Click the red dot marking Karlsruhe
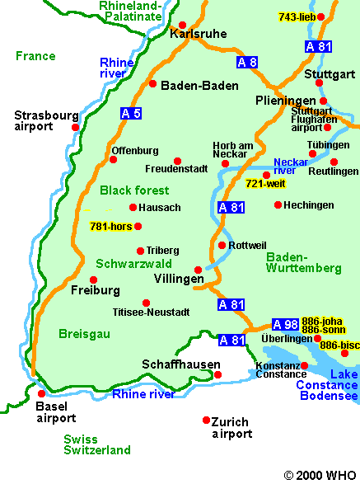pos(183,25)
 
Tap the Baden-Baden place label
pos(199,85)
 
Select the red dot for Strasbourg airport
pos(75,127)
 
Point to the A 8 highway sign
pos(247,62)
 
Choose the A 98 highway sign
pos(285,324)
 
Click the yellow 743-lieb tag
pos(297,17)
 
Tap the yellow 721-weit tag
pos(265,184)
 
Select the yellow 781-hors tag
pos(110,226)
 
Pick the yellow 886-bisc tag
pos(339,345)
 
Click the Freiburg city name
pos(96,290)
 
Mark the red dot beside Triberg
pos(140,251)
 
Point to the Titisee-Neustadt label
pos(151,312)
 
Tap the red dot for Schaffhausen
pos(218,374)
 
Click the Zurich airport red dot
pos(206,420)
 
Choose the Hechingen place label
pos(308,204)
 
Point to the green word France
pos(35,56)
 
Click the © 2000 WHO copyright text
pos(320,475)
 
